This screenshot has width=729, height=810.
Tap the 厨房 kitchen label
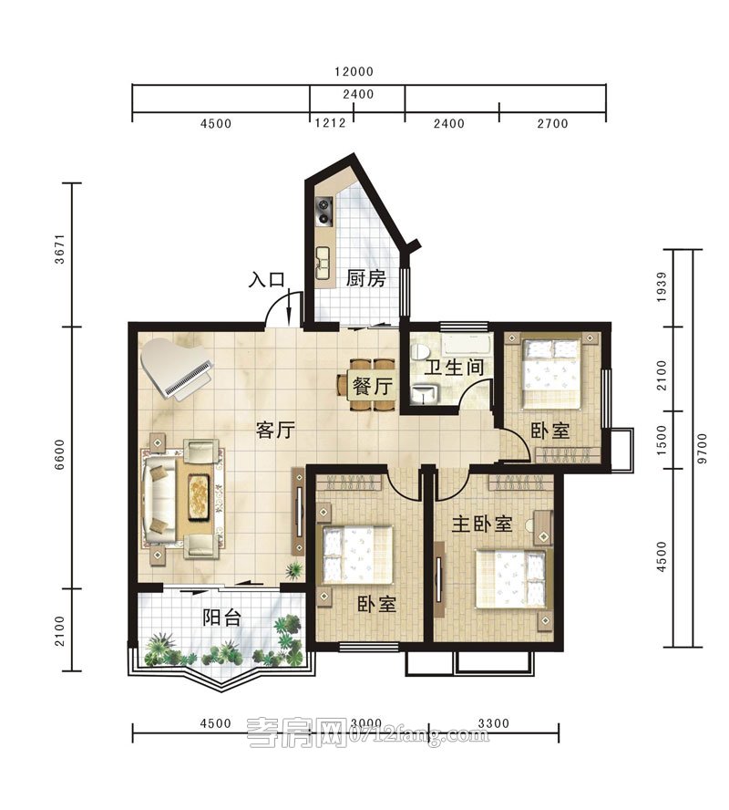(365, 278)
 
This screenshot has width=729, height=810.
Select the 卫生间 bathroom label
(455, 368)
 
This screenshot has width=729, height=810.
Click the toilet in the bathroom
(420, 351)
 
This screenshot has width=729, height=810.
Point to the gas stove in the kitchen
(324, 213)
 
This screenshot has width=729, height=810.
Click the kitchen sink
(323, 263)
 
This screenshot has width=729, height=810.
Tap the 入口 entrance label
(266, 279)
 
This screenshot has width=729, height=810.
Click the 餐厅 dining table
(373, 385)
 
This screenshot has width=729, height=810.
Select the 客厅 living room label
(275, 430)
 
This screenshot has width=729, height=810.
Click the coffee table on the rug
(199, 496)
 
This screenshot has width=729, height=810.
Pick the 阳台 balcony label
(221, 618)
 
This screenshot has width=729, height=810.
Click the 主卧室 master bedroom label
(482, 524)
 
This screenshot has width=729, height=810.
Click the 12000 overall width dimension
(354, 71)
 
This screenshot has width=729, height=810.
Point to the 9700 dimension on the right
(702, 449)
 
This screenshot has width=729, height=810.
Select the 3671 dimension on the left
(60, 249)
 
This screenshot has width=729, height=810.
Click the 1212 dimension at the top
(330, 123)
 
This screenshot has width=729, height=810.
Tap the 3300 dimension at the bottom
(493, 723)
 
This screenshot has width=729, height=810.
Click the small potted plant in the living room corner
(294, 570)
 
